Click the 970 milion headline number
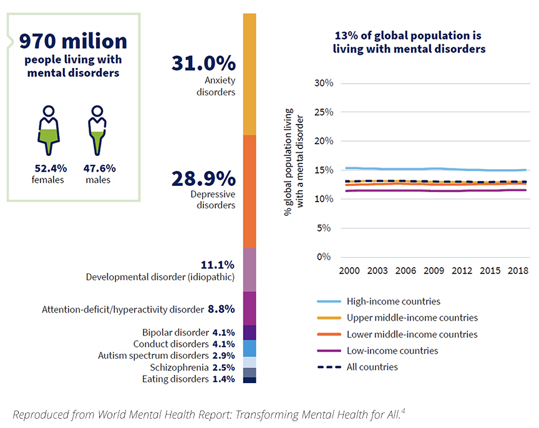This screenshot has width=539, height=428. point(73,42)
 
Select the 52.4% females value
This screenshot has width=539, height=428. point(48,168)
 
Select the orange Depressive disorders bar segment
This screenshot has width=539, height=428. point(249,191)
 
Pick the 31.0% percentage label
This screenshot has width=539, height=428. point(203,63)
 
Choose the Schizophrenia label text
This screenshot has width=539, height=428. point(180,367)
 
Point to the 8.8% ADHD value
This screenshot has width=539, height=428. point(221,309)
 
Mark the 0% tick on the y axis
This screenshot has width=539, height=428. point(326,257)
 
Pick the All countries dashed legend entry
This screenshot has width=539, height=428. point(372,367)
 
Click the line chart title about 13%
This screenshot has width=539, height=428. point(409,42)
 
